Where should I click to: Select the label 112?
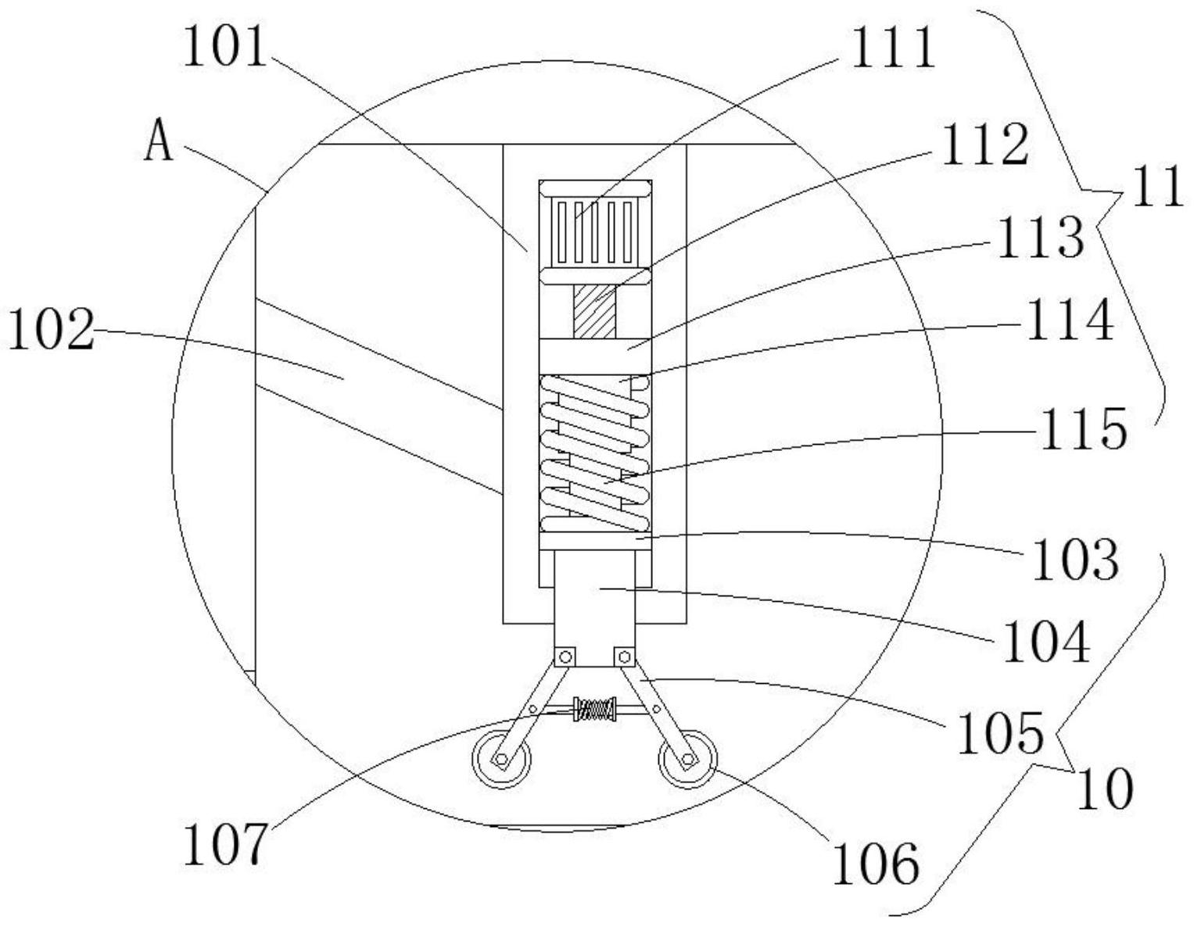coord(984,145)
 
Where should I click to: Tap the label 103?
coord(1076,560)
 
